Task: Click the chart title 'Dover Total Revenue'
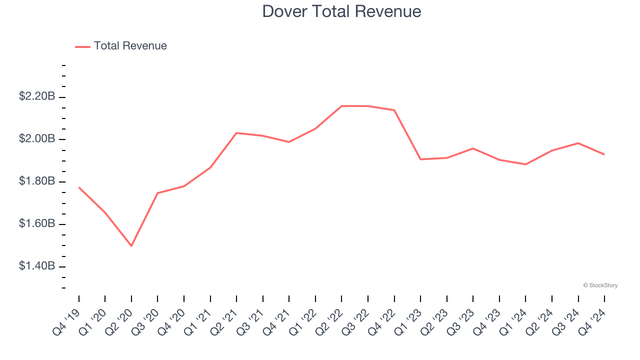point(341,11)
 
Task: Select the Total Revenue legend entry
point(121,46)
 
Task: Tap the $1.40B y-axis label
point(37,266)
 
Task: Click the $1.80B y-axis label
point(37,181)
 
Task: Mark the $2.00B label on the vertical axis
point(37,139)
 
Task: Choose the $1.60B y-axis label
point(37,224)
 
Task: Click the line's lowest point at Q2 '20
point(131,246)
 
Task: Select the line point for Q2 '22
point(341,106)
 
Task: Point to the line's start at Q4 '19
point(79,187)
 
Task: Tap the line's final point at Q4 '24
point(604,154)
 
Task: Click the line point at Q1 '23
point(420,159)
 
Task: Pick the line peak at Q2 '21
point(236,133)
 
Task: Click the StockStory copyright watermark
point(600,285)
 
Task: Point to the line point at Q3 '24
point(578,143)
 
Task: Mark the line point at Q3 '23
point(473,148)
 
